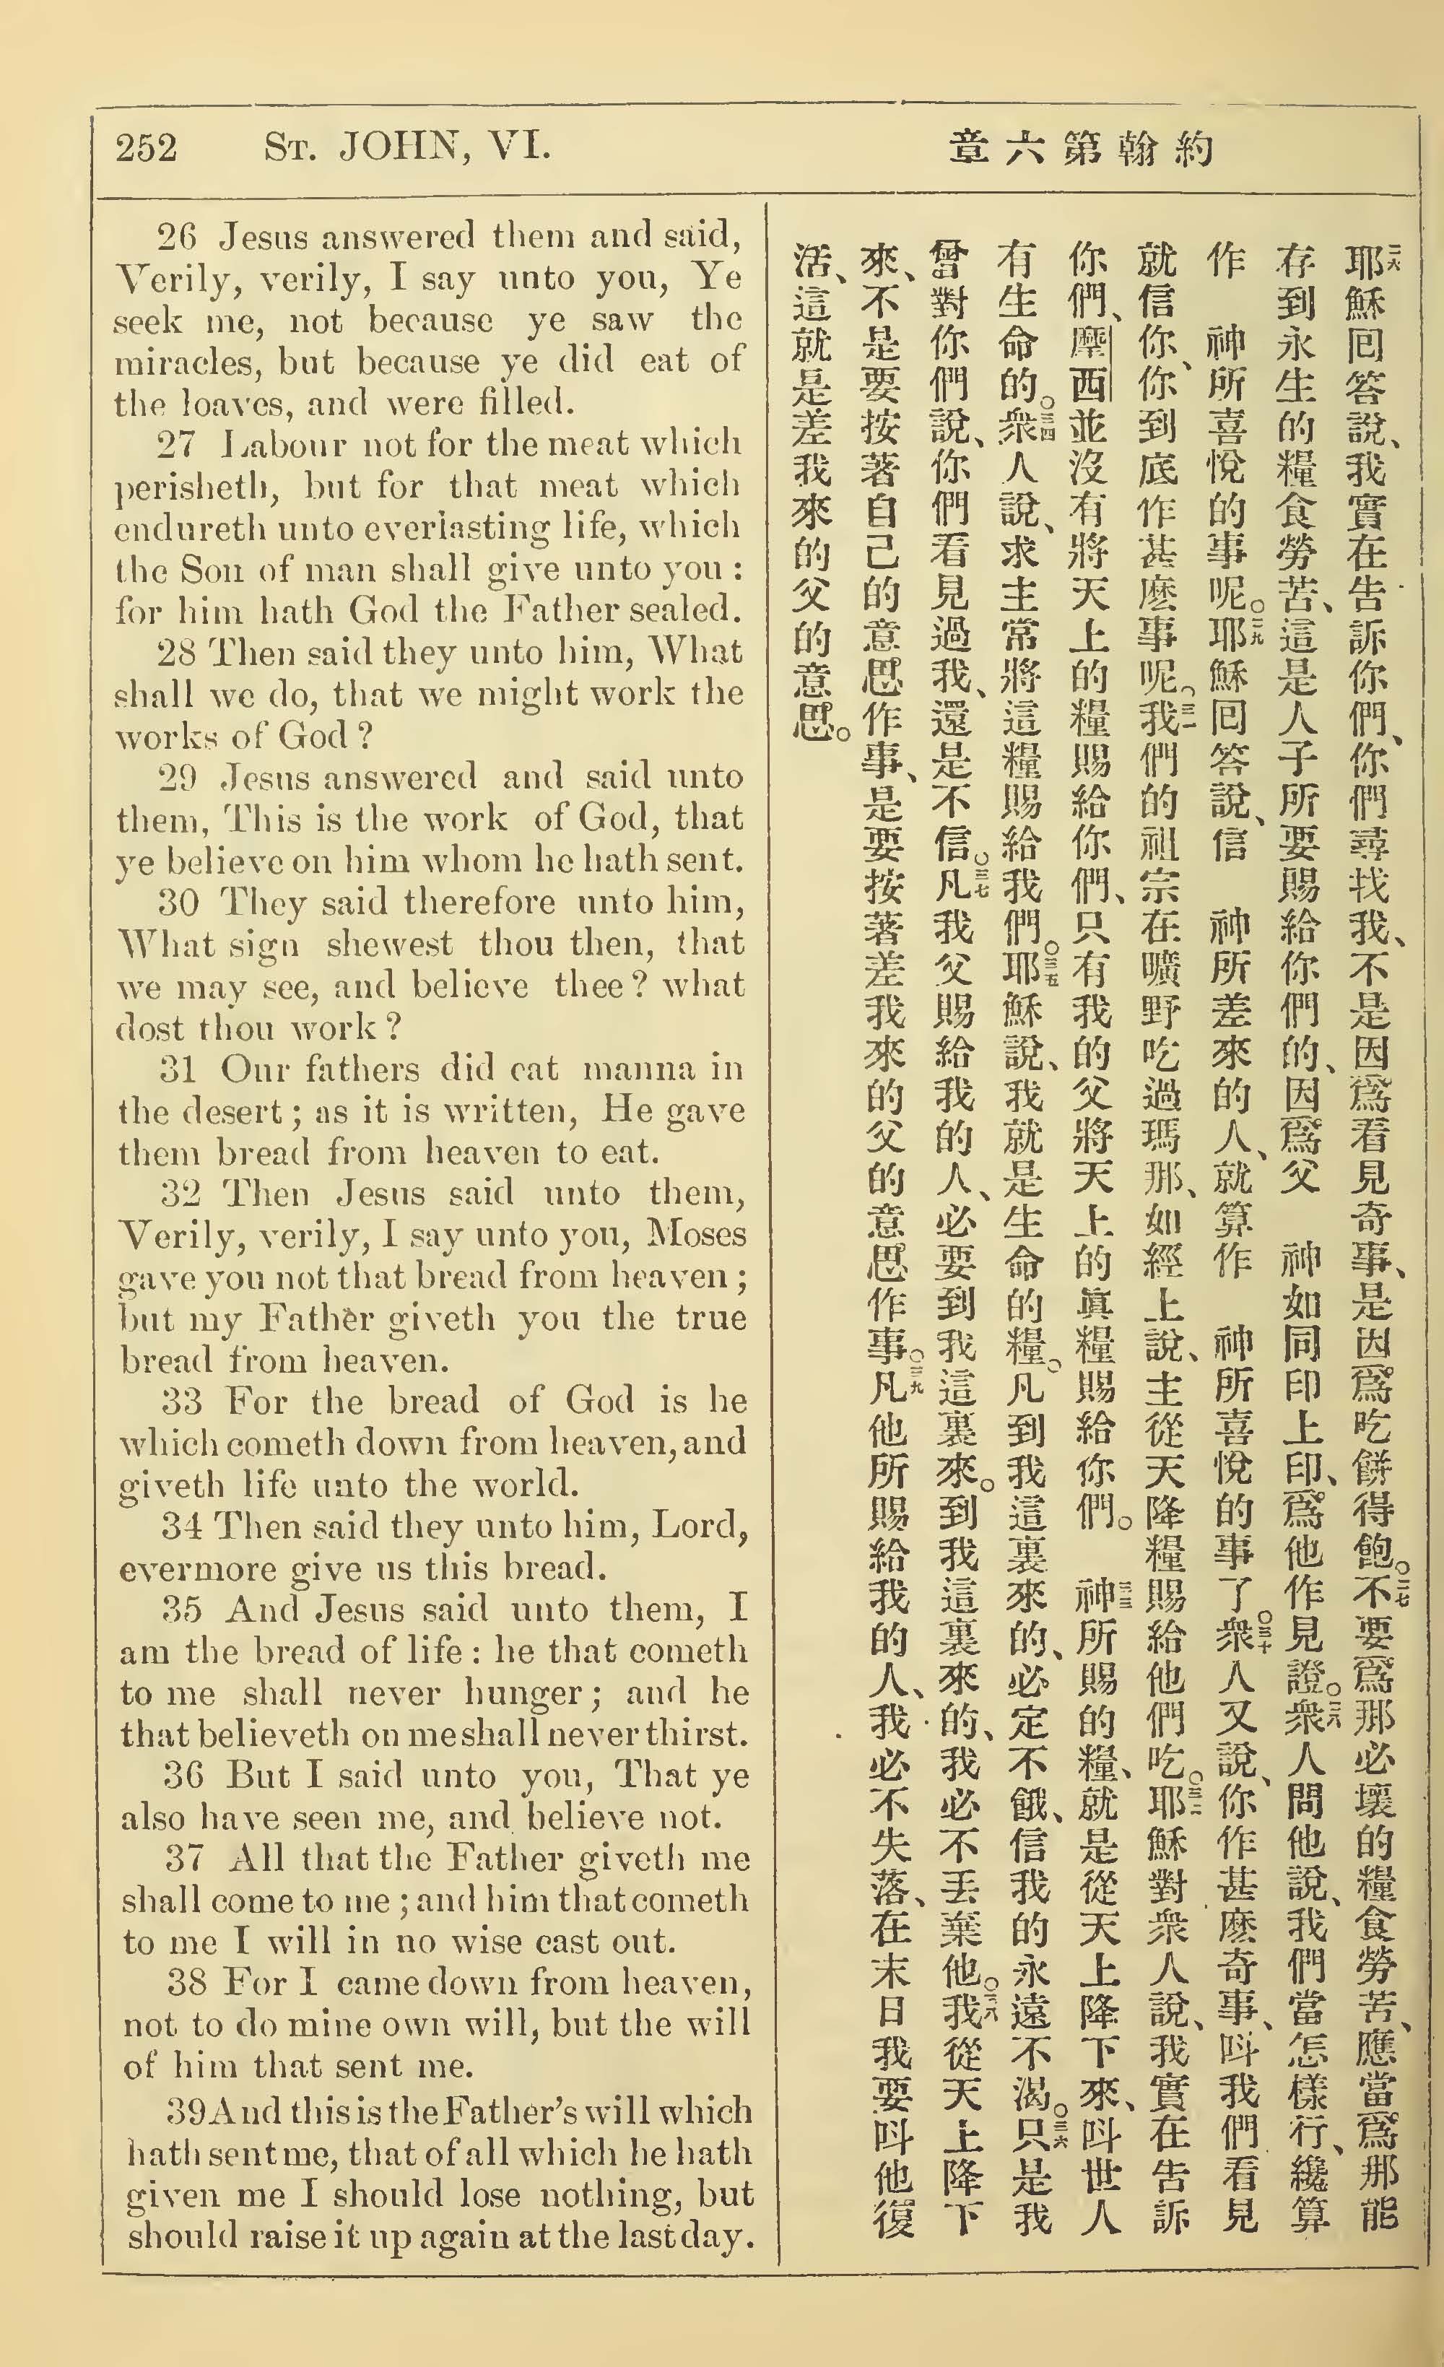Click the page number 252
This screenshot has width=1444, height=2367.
click(x=146, y=148)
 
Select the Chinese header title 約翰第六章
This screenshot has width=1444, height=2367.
click(x=1080, y=149)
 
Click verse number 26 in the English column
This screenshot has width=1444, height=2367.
click(x=176, y=235)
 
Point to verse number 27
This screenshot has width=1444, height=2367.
click(x=176, y=445)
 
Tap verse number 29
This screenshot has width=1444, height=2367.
click(x=178, y=776)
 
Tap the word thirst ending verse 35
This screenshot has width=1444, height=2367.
click(x=694, y=1735)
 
